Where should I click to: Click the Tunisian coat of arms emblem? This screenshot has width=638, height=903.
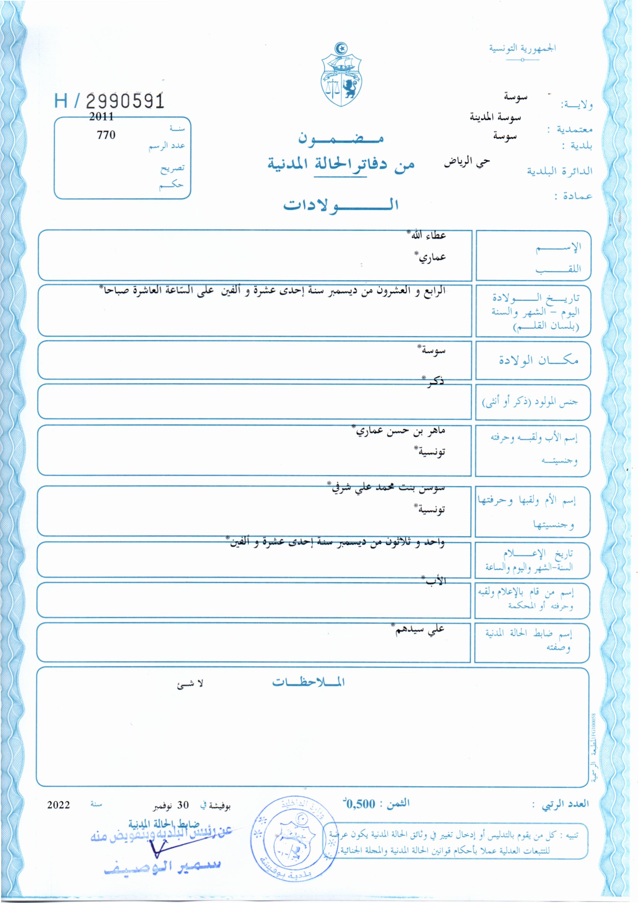click(341, 75)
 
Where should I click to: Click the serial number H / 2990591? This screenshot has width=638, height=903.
click(109, 101)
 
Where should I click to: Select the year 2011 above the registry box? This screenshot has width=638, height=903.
click(101, 116)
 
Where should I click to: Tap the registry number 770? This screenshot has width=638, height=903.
click(106, 135)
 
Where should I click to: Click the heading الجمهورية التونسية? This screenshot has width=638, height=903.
click(522, 49)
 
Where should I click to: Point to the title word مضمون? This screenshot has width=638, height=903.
click(341, 139)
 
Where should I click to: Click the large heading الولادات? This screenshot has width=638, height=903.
click(341, 205)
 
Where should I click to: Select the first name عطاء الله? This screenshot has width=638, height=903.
click(428, 236)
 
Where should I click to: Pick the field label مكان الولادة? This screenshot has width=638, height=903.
click(538, 360)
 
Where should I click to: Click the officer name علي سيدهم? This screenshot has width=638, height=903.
click(420, 629)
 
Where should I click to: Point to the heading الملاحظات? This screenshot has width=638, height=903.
click(309, 682)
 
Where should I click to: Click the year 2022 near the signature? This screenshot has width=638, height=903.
click(59, 805)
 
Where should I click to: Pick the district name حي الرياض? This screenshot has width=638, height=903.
click(467, 162)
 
